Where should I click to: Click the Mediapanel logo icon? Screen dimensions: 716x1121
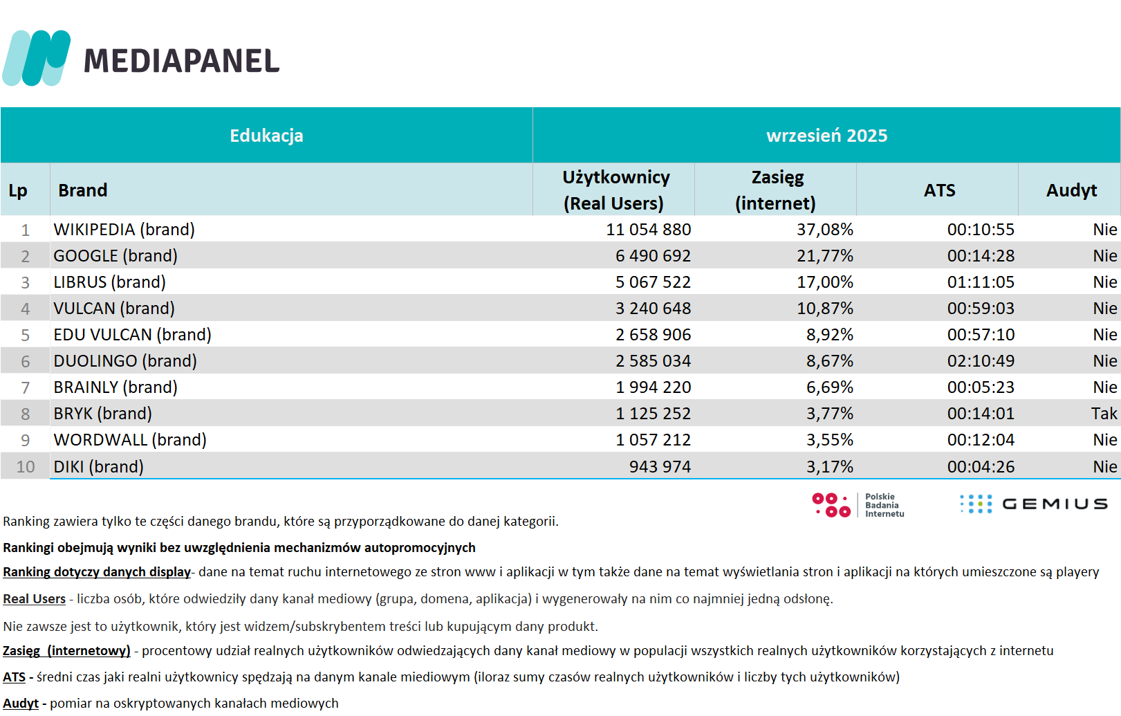[37, 58]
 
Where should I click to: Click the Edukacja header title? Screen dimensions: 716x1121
[266, 136]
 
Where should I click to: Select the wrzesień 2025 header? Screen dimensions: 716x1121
[826, 136]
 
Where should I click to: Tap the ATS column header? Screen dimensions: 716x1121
[939, 190]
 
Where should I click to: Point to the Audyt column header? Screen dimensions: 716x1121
[1071, 190]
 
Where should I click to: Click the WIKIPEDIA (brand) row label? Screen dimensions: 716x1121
[124, 230]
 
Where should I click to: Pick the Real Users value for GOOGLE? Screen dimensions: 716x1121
[653, 256]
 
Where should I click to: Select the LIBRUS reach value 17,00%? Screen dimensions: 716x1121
[825, 282]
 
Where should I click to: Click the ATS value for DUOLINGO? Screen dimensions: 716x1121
[981, 361]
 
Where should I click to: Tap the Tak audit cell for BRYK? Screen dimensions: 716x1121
[1104, 414]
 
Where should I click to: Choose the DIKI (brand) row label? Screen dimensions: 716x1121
[99, 467]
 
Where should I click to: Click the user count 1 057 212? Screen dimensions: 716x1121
[653, 440]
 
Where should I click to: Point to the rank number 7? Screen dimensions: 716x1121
[26, 387]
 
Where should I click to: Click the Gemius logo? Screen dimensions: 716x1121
[1034, 504]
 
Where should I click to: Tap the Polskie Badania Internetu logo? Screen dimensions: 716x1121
[858, 505]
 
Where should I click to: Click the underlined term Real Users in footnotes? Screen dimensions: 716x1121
[35, 599]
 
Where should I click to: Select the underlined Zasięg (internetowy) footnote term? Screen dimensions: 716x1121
[66, 651]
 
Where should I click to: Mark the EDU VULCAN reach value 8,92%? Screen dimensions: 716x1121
[829, 335]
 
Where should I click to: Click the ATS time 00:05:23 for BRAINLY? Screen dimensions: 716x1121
[981, 387]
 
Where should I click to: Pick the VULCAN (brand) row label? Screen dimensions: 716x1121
[114, 309]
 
